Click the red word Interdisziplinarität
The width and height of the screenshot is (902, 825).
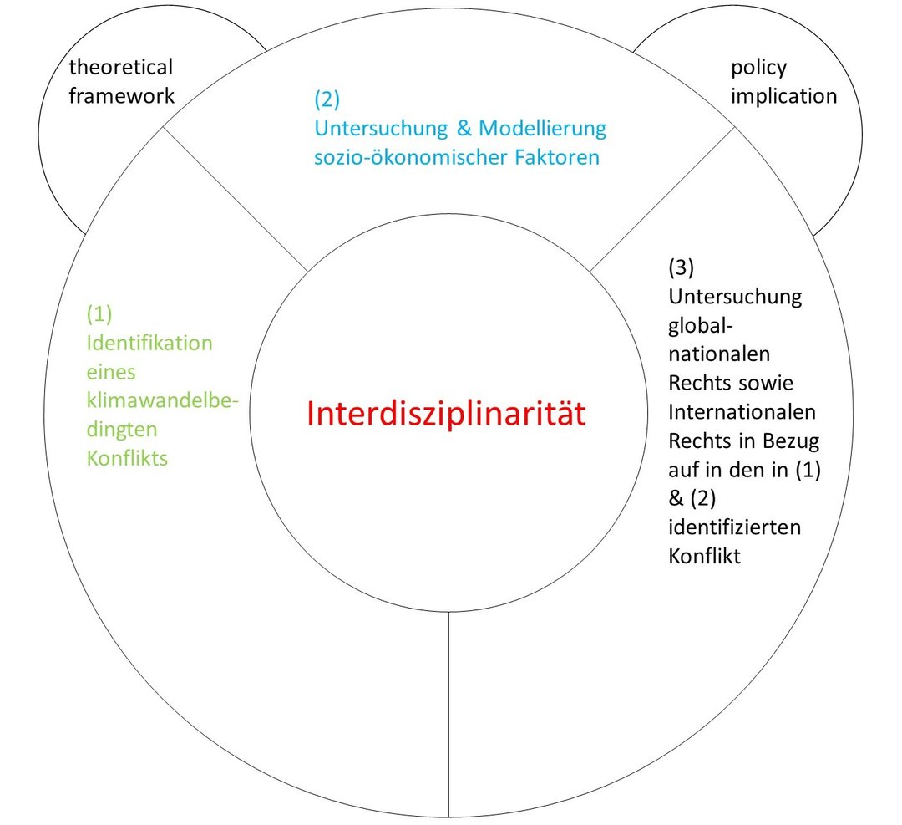pyautogui.click(x=446, y=414)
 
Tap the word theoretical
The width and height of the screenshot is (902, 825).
pyautogui.click(x=121, y=67)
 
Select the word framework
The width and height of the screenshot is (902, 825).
pyautogui.click(x=121, y=95)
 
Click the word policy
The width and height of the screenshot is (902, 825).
pyautogui.click(x=758, y=69)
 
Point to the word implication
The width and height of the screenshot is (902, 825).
pyautogui.click(x=783, y=97)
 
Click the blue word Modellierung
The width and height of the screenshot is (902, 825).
pyautogui.click(x=542, y=129)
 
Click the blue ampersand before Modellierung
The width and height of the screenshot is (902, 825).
pyautogui.click(x=464, y=128)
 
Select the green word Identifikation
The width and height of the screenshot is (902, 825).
pyautogui.click(x=149, y=344)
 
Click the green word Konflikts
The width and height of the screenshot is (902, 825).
pyautogui.click(x=127, y=458)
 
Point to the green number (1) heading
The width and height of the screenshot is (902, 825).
pyautogui.click(x=99, y=314)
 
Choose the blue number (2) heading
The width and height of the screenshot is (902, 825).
pyautogui.click(x=327, y=99)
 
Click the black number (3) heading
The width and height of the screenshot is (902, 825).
pyautogui.click(x=682, y=267)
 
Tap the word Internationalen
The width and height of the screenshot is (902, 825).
pyautogui.click(x=742, y=411)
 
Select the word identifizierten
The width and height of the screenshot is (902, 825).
pyautogui.click(x=735, y=527)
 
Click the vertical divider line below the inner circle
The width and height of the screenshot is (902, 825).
pyautogui.click(x=448, y=714)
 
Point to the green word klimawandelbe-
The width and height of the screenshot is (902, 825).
pyautogui.click(x=162, y=400)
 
